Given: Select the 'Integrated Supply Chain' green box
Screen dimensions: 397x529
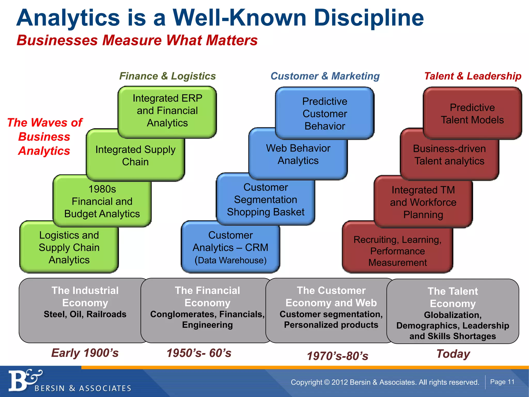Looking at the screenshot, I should coord(135,156).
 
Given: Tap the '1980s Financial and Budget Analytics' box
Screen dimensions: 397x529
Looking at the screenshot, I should coord(102,202).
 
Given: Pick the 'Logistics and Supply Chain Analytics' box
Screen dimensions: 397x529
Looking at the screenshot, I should coord(69,247).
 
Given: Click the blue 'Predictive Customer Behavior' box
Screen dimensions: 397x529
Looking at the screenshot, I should coord(325,114).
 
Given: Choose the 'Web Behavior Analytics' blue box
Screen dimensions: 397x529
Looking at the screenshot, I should coord(298,155).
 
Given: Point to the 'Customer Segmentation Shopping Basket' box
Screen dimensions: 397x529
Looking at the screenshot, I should coord(266,200).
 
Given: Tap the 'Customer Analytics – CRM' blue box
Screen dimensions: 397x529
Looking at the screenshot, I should coord(230,247).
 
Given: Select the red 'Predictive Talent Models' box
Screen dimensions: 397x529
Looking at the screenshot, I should coord(472,114).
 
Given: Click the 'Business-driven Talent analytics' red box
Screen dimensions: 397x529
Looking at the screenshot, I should coord(449,155).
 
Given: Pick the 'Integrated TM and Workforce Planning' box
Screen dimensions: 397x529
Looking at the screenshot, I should coord(423,202).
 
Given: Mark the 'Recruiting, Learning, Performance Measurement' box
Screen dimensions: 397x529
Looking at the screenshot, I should coord(398,251).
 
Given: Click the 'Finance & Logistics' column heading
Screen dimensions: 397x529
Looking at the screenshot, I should coord(167,76).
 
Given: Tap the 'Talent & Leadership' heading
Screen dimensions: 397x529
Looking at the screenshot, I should coord(473,76).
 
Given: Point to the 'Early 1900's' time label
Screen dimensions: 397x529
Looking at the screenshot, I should coord(85,353).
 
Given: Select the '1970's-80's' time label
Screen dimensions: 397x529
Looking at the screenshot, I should coord(337,356).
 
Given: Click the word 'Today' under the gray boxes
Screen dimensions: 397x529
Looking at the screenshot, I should coord(453,354).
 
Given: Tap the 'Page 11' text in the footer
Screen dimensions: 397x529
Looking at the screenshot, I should coord(502,382).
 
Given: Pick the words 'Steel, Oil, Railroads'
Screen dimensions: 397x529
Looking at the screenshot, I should coord(85,314).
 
